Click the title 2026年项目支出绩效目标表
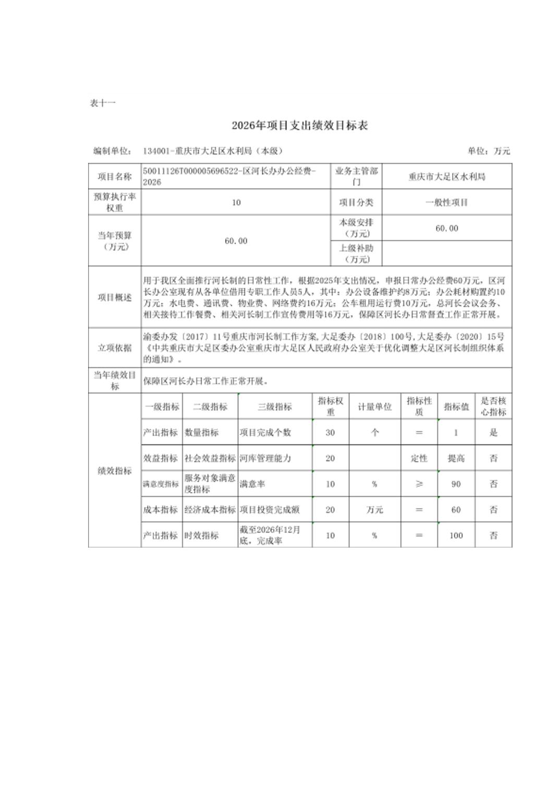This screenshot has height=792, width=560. click(300, 126)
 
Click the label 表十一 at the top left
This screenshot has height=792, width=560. click(102, 103)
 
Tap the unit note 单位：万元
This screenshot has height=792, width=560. click(489, 151)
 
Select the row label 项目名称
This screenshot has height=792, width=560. click(115, 177)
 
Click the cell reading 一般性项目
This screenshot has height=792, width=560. click(446, 202)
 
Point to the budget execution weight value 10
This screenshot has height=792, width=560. click(236, 202)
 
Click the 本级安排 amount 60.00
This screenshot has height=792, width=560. click(446, 228)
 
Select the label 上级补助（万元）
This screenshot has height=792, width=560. click(356, 254)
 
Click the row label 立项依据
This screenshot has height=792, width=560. click(115, 348)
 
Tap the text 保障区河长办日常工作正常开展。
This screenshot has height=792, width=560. click(206, 381)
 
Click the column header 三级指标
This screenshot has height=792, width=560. click(275, 407)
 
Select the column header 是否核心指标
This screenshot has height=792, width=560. click(493, 406)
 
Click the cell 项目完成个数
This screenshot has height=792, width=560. click(265, 432)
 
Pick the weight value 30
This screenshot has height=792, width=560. click(330, 432)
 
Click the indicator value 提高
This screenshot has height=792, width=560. click(456, 459)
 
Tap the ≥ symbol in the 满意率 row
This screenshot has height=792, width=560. click(419, 484)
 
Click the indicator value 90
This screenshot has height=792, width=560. click(456, 484)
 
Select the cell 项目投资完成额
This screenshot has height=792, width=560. click(270, 510)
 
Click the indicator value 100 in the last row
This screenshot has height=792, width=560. click(456, 535)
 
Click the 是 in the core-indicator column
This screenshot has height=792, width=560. click(493, 432)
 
